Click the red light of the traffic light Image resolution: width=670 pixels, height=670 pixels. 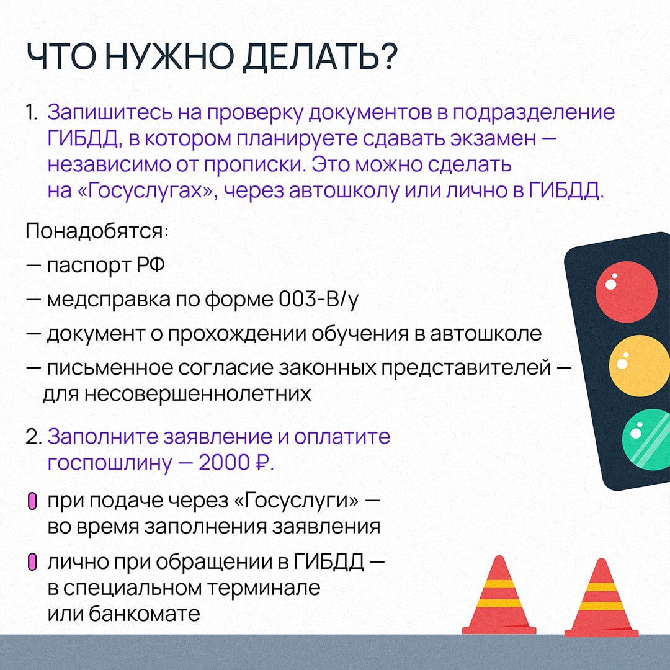click(626, 292)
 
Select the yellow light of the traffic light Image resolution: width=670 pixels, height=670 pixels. click(639, 366)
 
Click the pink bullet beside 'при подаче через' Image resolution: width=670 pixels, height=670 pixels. click(32, 501)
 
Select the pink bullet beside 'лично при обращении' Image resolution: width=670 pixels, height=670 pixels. click(32, 562)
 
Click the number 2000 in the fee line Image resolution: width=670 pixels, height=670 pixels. click(223, 462)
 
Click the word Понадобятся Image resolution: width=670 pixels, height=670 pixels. click(97, 231)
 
